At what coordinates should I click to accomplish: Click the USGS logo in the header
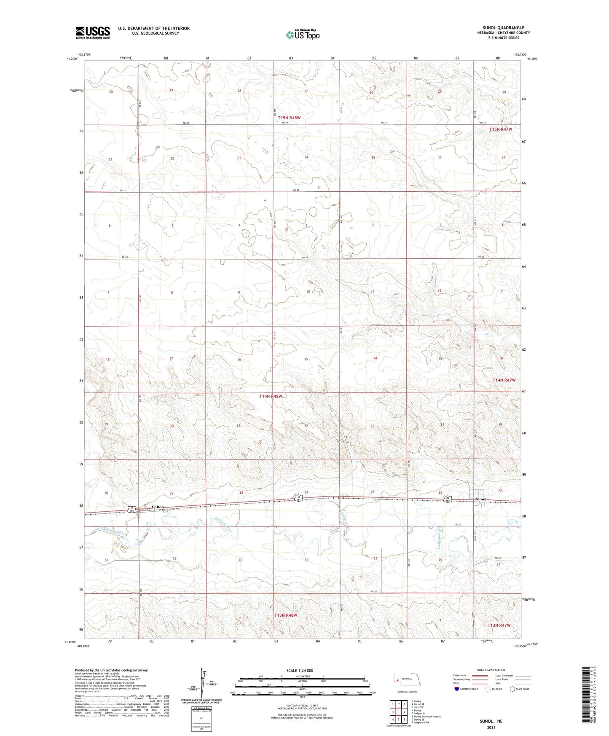coord(92,32)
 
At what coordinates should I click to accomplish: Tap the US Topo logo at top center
coord(302,35)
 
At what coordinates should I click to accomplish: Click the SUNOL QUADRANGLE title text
coord(503,28)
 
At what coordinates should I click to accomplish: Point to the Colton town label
coord(158,507)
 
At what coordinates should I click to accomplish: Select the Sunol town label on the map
coord(481,499)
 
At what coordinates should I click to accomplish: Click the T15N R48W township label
coord(291,118)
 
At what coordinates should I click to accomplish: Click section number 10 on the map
coord(308,292)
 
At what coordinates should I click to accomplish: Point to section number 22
coord(306,426)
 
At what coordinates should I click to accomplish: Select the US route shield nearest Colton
coord(132,510)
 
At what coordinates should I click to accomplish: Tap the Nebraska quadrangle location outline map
coord(407,680)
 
